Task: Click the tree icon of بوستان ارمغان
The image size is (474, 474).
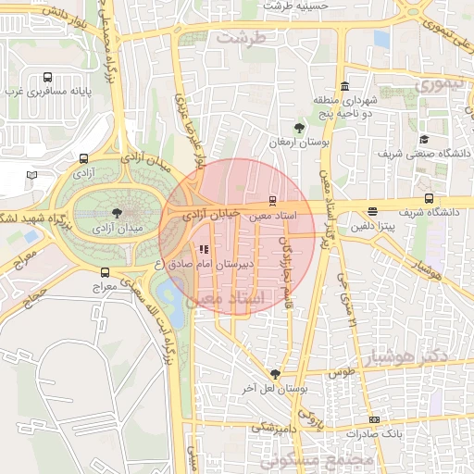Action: click(x=299, y=128)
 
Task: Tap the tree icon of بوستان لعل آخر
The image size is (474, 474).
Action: click(x=275, y=373)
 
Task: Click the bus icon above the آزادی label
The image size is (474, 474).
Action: click(x=84, y=158)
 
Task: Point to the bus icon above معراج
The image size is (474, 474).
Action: click(x=105, y=273)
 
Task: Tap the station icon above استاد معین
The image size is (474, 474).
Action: click(x=271, y=200)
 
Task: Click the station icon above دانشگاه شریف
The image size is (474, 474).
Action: click(x=428, y=198)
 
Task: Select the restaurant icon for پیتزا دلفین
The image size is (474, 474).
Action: click(x=372, y=211)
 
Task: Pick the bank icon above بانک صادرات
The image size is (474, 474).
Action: click(x=373, y=419)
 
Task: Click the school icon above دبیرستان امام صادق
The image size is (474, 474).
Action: click(x=203, y=248)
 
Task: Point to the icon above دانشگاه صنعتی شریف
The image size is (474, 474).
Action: click(x=424, y=139)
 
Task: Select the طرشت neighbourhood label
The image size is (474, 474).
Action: click(x=241, y=38)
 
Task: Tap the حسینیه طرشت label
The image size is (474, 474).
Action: click(x=296, y=6)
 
